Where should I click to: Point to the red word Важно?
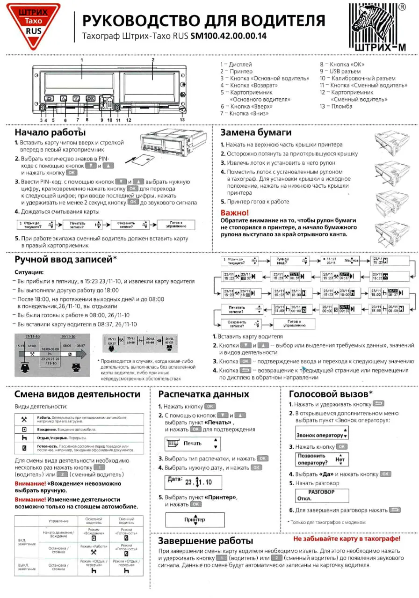(234, 212)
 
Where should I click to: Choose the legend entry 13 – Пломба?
(336, 106)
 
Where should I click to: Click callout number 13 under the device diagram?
(182, 120)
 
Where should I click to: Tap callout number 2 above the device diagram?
(153, 60)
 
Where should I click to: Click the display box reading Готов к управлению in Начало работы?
(175, 224)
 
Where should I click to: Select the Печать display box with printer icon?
(192, 443)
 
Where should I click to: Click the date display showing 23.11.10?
(194, 482)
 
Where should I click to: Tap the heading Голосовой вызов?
(331, 394)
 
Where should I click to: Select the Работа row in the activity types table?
(79, 418)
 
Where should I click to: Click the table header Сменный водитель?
(127, 521)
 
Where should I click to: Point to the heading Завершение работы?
(205, 541)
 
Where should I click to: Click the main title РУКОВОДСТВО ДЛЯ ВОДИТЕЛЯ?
(204, 21)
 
